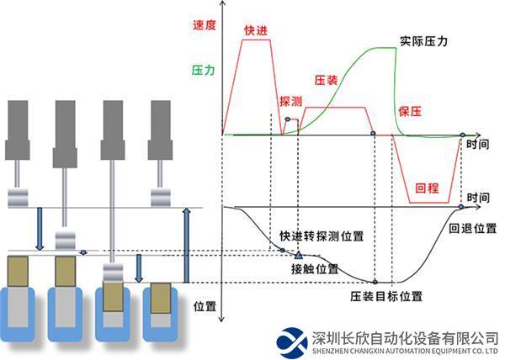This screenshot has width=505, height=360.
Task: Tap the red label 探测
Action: tap(290, 99)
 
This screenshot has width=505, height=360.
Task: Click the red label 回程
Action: tap(429, 188)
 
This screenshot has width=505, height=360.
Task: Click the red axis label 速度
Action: tap(204, 25)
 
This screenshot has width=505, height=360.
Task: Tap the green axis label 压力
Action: tap(204, 71)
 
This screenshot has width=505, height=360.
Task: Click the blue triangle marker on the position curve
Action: tap(299, 254)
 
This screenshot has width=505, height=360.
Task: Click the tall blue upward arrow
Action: tap(187, 244)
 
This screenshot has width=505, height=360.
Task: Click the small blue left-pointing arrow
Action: tap(82, 251)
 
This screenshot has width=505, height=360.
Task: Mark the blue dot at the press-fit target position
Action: tap(375, 281)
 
